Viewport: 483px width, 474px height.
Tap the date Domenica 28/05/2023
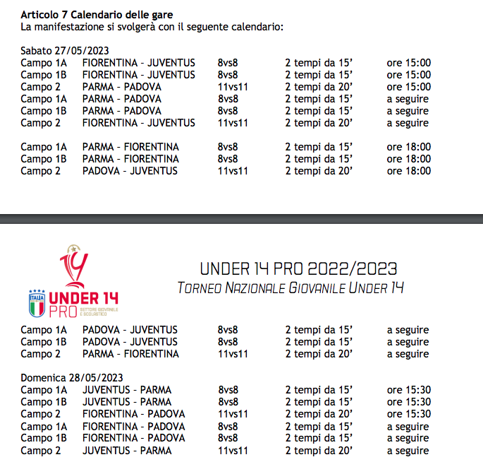pyautogui.click(x=72, y=377)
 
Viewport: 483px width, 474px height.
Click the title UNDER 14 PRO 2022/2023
pyautogui.click(x=298, y=268)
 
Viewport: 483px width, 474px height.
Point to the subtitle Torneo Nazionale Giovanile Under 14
pyautogui.click(x=291, y=288)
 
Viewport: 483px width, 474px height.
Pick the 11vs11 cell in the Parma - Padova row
pyautogui.click(x=233, y=87)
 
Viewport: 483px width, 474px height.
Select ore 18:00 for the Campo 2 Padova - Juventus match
pyautogui.click(x=409, y=171)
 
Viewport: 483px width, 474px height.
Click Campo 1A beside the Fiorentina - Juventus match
pyautogui.click(x=44, y=63)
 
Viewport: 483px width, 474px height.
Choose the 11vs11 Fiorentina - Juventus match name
pyautogui.click(x=139, y=123)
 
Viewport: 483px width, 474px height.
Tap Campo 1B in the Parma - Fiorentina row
pyautogui.click(x=44, y=159)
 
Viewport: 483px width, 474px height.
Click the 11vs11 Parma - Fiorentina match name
pyautogui.click(x=130, y=354)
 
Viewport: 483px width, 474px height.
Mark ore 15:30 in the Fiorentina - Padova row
pyautogui.click(x=409, y=414)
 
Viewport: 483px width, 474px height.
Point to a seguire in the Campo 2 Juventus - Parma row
pyautogui.click(x=408, y=451)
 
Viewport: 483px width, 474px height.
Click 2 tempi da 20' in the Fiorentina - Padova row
pyautogui.click(x=319, y=414)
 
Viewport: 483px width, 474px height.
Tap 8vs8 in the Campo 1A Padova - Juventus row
pyautogui.click(x=228, y=330)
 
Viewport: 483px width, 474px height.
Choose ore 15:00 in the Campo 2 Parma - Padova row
pyautogui.click(x=409, y=87)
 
